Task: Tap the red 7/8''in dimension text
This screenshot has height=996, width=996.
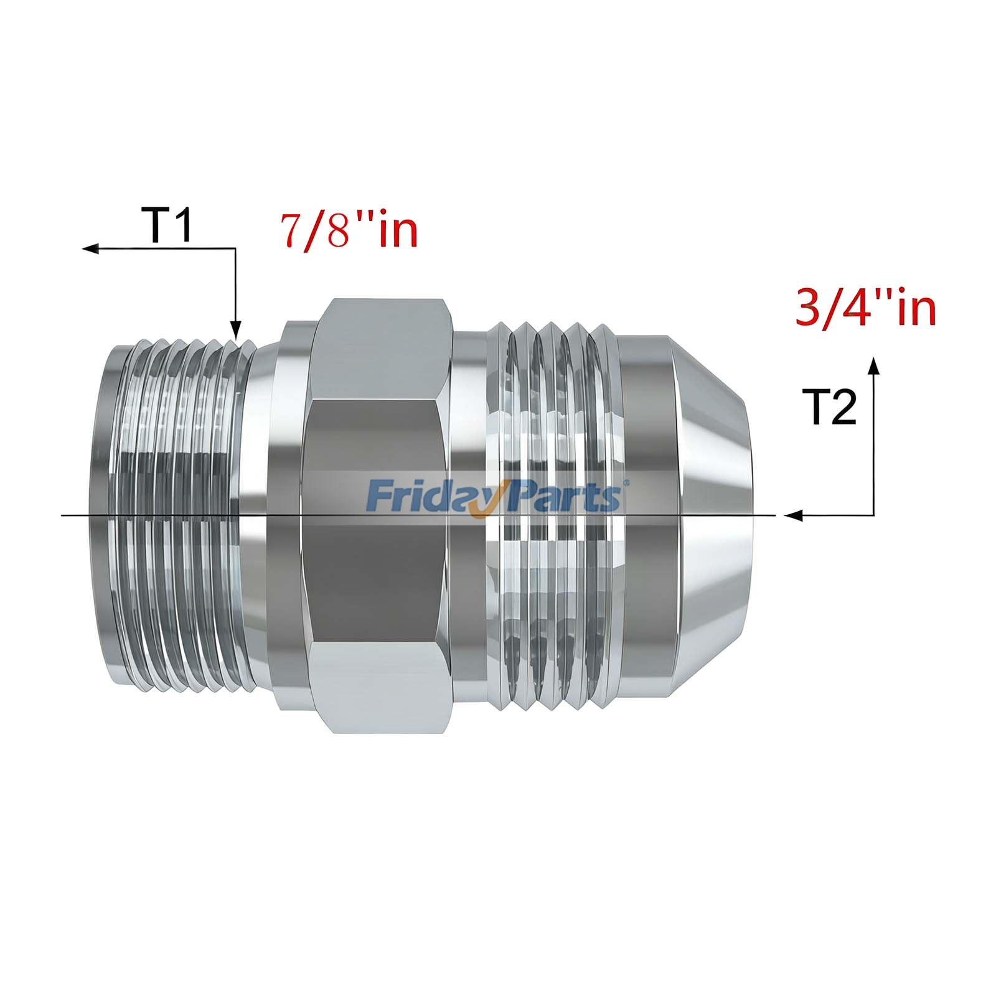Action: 349,231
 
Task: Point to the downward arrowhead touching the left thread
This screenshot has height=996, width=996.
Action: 235,330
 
